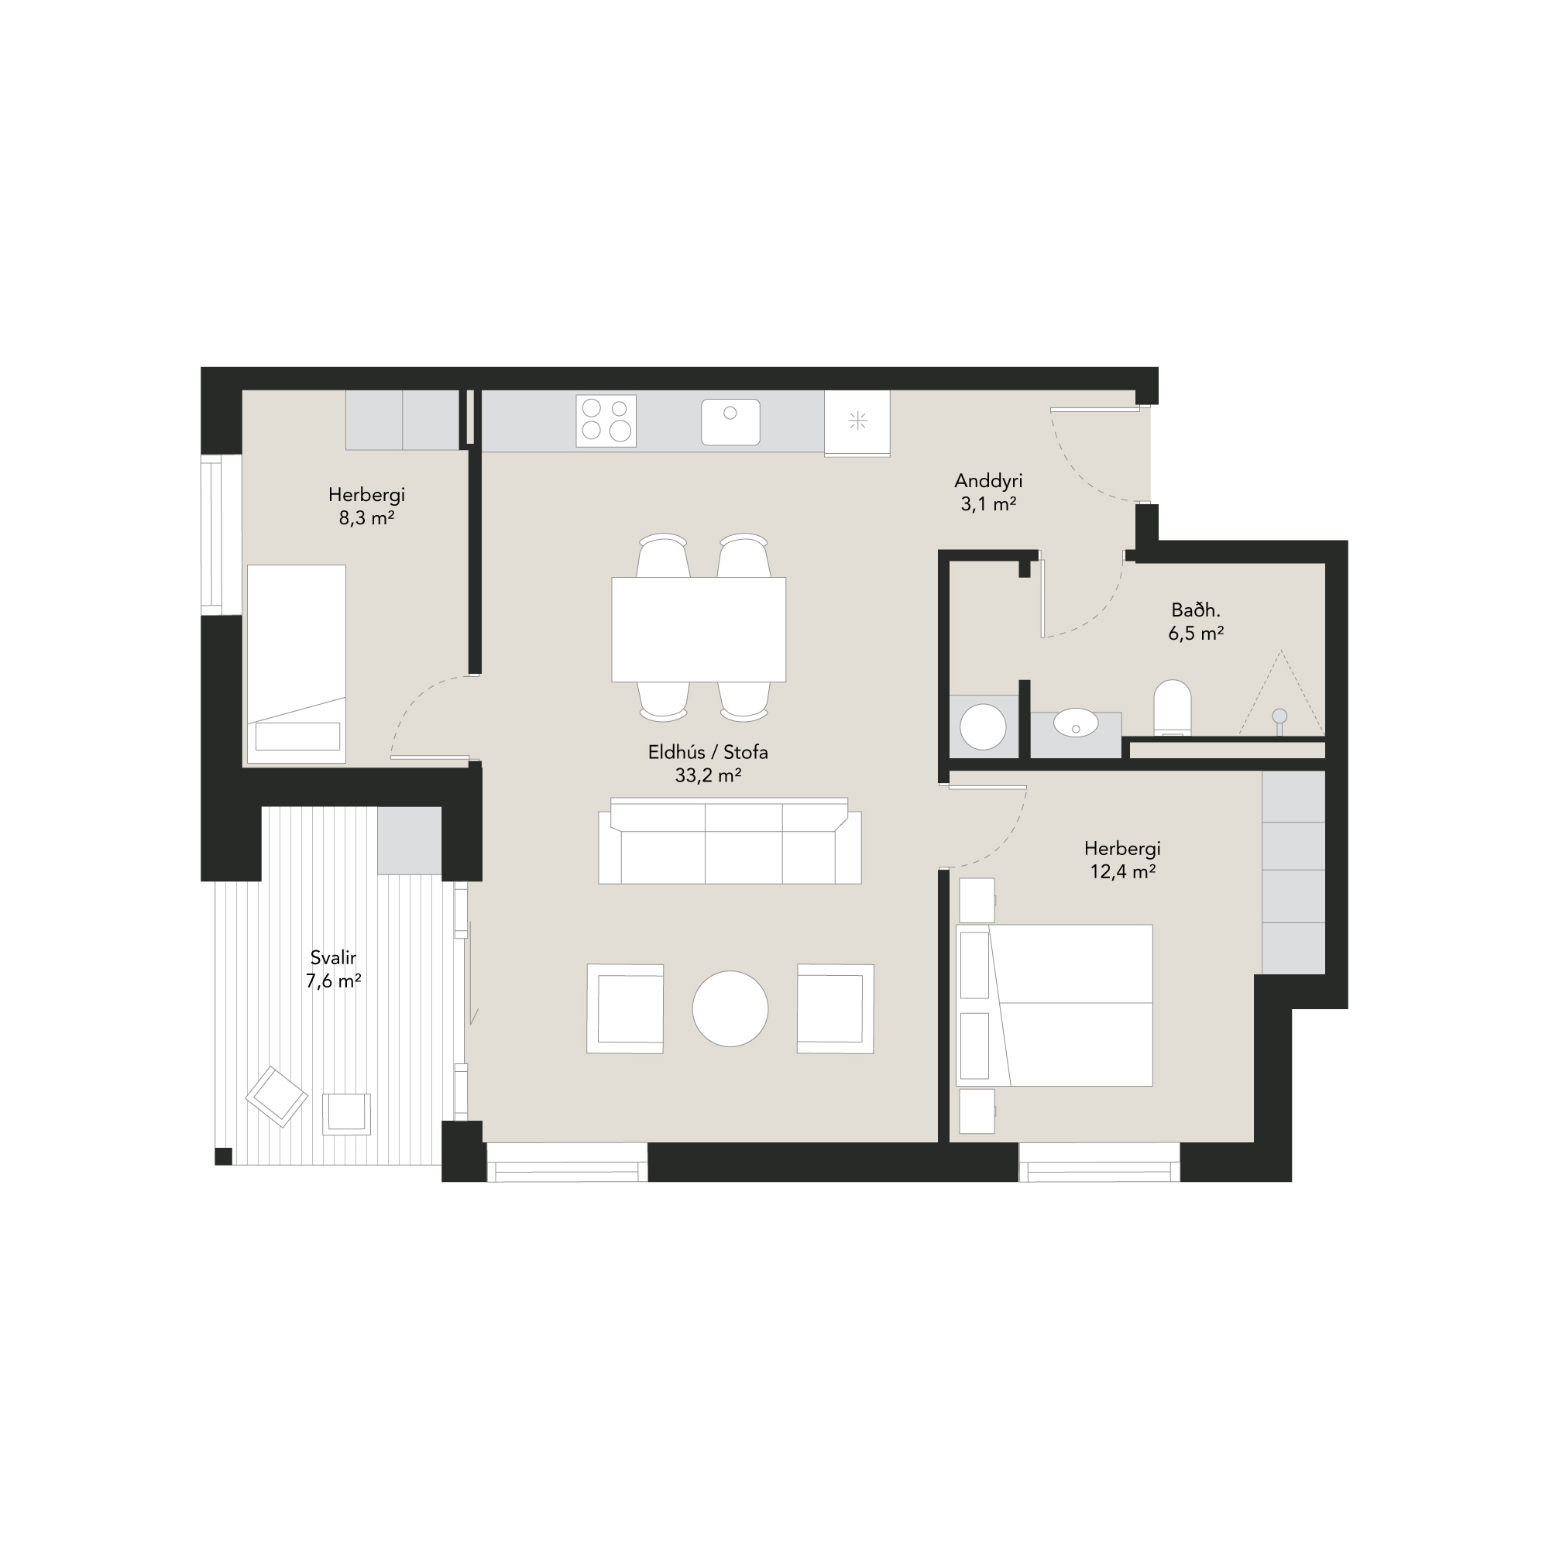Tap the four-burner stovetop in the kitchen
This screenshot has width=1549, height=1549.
pyautogui.click(x=606, y=421)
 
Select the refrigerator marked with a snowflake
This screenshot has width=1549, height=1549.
pyautogui.click(x=857, y=423)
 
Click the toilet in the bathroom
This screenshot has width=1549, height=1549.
pyautogui.click(x=1172, y=708)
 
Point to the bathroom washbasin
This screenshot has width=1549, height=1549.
pyautogui.click(x=1075, y=723)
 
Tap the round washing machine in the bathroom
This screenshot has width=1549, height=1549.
pyautogui.click(x=983, y=726)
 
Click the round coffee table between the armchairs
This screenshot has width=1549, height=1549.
pyautogui.click(x=730, y=1008)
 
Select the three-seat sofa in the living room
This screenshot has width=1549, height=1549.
pyautogui.click(x=730, y=841)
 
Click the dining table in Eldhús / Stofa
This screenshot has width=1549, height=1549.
pyautogui.click(x=699, y=630)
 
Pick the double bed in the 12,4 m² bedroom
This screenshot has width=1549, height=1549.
pyautogui.click(x=1054, y=1005)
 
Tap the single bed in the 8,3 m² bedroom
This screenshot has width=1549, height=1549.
pyautogui.click(x=297, y=664)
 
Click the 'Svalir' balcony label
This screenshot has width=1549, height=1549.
pyautogui.click(x=333, y=957)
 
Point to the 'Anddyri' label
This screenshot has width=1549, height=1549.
pyautogui.click(x=987, y=481)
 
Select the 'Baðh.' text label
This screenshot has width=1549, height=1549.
pyautogui.click(x=1195, y=610)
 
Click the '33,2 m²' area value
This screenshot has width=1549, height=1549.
pyautogui.click(x=708, y=775)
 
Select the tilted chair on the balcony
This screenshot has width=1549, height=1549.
pyautogui.click(x=276, y=1097)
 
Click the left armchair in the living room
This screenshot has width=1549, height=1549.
pyautogui.click(x=625, y=1008)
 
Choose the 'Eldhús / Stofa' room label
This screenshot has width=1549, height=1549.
pyautogui.click(x=708, y=752)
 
